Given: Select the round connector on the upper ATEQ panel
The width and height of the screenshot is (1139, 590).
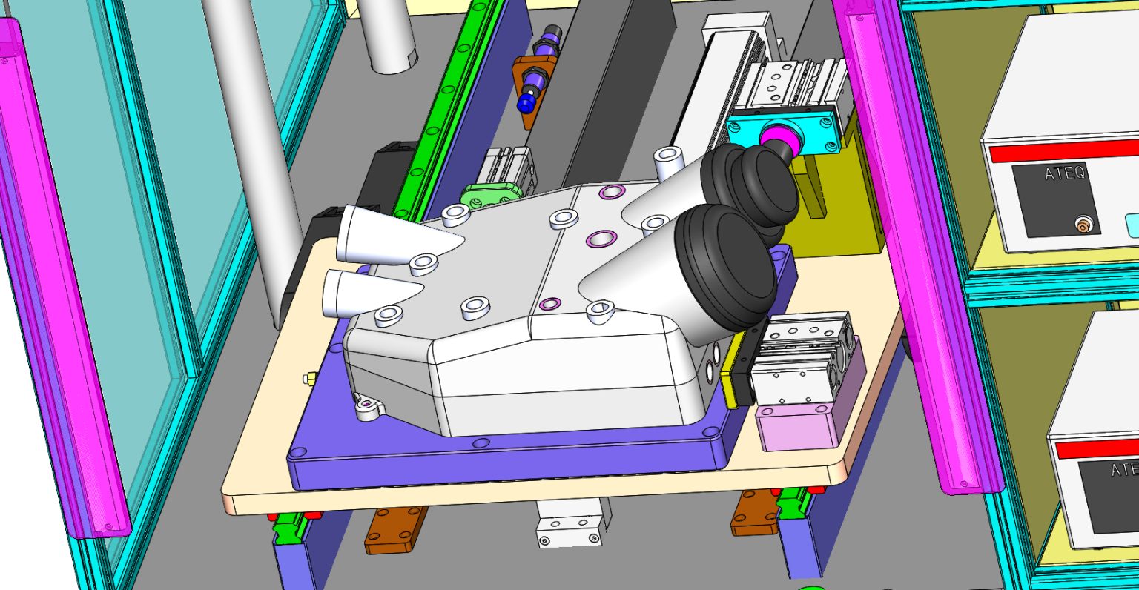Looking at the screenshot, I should pyautogui.click(x=1083, y=222).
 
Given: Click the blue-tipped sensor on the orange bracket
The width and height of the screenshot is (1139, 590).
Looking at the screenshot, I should pyautogui.click(x=528, y=99).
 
